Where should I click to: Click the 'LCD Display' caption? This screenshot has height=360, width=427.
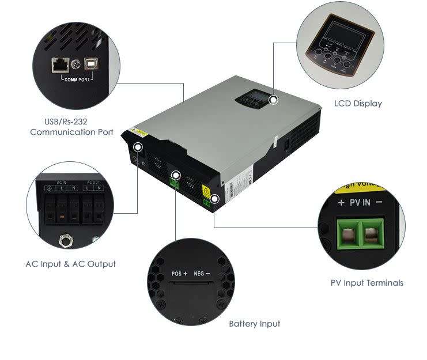pyautogui.click(x=358, y=104)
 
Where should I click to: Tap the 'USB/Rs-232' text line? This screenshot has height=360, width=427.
pyautogui.click(x=66, y=122)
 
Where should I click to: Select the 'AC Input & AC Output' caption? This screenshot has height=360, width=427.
pyautogui.click(x=70, y=264)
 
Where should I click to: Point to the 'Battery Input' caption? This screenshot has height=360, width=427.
pyautogui.click(x=254, y=324)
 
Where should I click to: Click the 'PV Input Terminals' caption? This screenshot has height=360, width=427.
pyautogui.click(x=366, y=283)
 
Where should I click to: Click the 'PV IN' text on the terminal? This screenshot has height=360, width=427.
pyautogui.click(x=361, y=202)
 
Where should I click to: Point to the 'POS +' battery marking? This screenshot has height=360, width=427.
pyautogui.click(x=180, y=274)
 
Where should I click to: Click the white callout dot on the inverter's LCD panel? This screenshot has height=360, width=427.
pyautogui.click(x=273, y=100)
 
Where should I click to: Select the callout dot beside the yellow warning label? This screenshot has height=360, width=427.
pyautogui.click(x=214, y=199)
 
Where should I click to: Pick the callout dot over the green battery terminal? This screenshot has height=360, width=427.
pyautogui.click(x=176, y=175)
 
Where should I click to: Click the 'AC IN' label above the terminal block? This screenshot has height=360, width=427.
pyautogui.click(x=62, y=183)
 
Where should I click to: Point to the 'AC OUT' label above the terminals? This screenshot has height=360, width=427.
pyautogui.click(x=92, y=183)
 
